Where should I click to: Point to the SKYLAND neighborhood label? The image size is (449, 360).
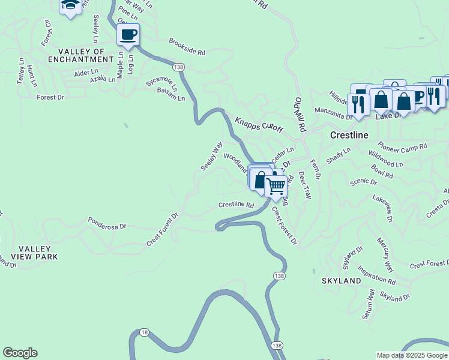click(x=342, y=280)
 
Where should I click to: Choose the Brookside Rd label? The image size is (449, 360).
click(x=187, y=47)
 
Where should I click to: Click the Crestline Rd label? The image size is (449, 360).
click(x=236, y=205)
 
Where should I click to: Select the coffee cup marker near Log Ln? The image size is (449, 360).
click(x=128, y=34)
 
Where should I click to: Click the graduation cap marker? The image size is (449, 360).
click(x=70, y=6)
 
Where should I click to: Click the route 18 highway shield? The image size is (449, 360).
click(x=144, y=332)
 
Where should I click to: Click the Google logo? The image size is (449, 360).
click(x=20, y=353)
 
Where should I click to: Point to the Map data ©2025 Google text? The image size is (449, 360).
click(x=411, y=355)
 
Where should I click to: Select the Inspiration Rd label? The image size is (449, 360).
click(x=376, y=275)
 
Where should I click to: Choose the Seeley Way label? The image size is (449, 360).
click(x=211, y=155)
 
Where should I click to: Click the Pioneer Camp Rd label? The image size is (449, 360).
click(x=402, y=146)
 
